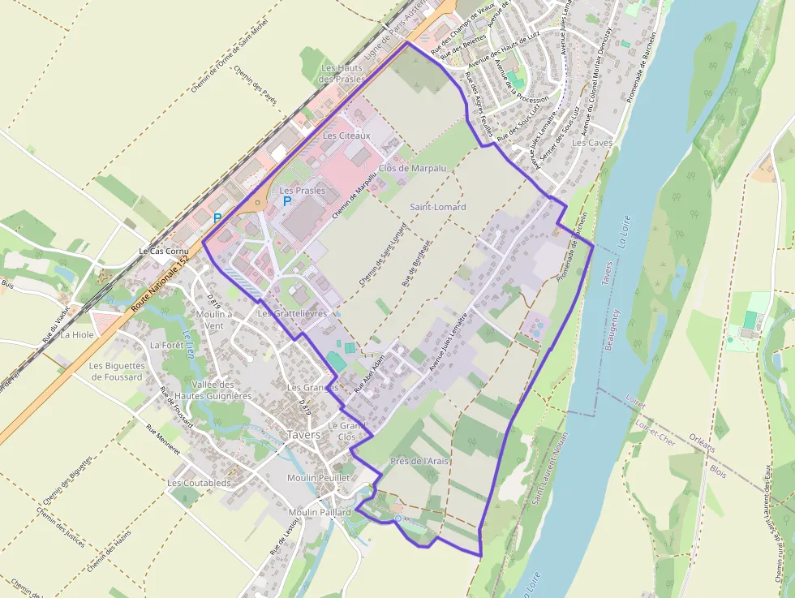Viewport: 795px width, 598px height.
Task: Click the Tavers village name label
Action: [x=303, y=435]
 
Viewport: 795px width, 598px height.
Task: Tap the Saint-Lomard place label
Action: [x=438, y=207]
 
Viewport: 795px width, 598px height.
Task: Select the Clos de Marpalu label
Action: [x=412, y=168]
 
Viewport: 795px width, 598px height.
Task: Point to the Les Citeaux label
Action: [x=346, y=136]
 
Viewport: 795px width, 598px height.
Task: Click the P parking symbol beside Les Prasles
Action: [x=286, y=200]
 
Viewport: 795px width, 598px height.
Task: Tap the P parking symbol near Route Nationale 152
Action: [x=217, y=218]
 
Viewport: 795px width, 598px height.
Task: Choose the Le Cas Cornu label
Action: [x=164, y=252]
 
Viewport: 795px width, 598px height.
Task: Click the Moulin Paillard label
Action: [x=320, y=512]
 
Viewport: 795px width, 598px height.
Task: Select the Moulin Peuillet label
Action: [x=318, y=478]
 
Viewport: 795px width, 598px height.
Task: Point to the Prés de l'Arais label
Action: [x=419, y=461]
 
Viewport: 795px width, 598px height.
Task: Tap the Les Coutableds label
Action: [x=199, y=483]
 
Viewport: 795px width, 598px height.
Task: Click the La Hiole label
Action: [x=78, y=334]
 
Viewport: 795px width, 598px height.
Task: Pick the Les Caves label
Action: [x=592, y=142]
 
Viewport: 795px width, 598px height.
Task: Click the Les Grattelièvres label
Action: [x=292, y=313]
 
